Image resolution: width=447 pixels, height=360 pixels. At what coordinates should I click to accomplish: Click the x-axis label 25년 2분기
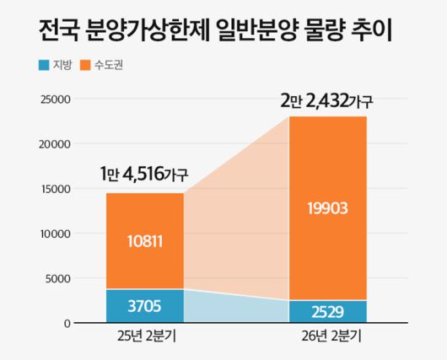pyautogui.click(x=144, y=337)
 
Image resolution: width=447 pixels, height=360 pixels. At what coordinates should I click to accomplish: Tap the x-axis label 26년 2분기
pyautogui.click(x=327, y=337)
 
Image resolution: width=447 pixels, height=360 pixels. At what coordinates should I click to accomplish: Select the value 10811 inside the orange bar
pyautogui.click(x=144, y=242)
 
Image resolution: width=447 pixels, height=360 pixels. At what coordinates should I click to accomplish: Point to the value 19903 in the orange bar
pyautogui.click(x=328, y=207)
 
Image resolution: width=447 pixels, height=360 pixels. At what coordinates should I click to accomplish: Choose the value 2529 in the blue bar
pyautogui.click(x=328, y=312)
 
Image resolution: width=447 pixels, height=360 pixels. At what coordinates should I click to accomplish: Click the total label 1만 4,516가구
pyautogui.click(x=143, y=175)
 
